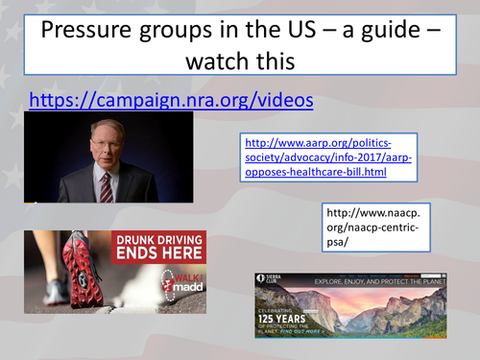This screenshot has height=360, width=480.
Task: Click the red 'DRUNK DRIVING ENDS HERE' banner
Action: click(158, 247)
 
